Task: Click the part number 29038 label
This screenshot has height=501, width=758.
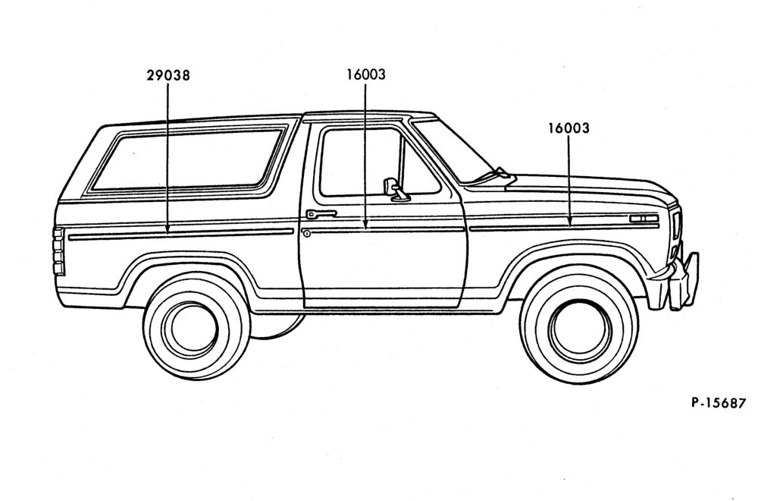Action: (x=168, y=75)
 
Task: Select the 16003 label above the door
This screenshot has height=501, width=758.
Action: (x=366, y=74)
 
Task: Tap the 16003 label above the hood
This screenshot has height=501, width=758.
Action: (x=568, y=128)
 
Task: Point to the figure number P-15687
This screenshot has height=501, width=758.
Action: (x=719, y=403)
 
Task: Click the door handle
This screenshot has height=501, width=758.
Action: (x=321, y=213)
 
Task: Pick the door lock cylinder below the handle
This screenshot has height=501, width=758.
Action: (x=306, y=234)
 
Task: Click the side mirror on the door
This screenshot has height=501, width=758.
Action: (x=395, y=189)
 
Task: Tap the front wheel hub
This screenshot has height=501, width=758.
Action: (x=580, y=330)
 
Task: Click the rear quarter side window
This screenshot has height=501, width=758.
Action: (x=187, y=159)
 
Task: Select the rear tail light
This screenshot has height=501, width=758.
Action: (x=58, y=251)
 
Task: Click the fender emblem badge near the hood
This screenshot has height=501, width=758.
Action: (x=644, y=219)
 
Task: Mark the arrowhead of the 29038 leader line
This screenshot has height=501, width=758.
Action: (x=168, y=229)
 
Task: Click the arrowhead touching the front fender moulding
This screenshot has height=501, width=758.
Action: (x=569, y=222)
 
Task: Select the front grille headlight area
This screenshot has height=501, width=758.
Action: (x=676, y=233)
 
